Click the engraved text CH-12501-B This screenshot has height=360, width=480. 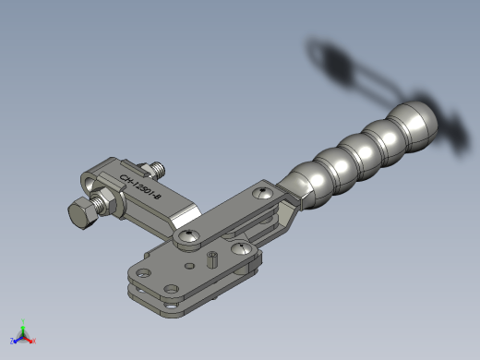coord(140,186)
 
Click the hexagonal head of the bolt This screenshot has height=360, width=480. coord(81,213)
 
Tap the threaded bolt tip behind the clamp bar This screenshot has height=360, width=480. coord(159,170)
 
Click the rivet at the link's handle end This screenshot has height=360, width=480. coord(262,193)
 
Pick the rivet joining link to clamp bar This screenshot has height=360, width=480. coord(188,236)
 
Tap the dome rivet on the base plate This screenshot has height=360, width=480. coord(241,248)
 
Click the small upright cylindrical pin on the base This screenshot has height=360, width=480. coord(211,259)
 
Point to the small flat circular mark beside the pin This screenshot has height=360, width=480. coord(189,266)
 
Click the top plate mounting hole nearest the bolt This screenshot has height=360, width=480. coord(143,273)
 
